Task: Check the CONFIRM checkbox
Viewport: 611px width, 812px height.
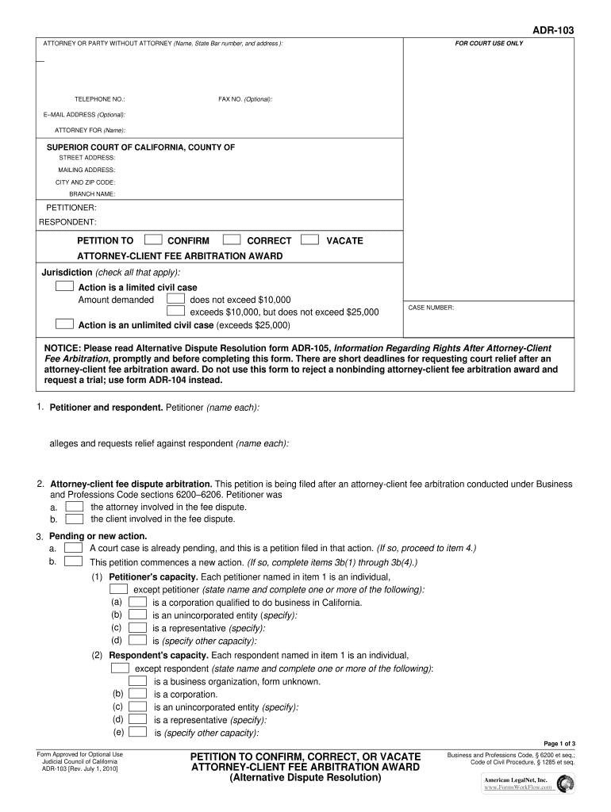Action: (154, 239)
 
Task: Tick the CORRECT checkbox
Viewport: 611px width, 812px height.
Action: (232, 239)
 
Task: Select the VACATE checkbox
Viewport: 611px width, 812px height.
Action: (311, 239)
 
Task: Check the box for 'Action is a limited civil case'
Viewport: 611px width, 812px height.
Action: (65, 286)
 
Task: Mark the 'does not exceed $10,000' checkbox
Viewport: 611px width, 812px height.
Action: (175, 299)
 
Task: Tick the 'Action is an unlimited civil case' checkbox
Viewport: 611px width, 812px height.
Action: (65, 324)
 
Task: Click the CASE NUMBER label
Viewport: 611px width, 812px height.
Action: (431, 308)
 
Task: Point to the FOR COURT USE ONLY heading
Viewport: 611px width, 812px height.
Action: (488, 43)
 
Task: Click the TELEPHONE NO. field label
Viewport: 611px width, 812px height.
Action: (99, 99)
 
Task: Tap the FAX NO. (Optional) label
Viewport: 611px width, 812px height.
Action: (245, 99)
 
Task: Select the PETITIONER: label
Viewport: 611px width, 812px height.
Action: (71, 207)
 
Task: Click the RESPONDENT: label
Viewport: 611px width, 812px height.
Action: (68, 221)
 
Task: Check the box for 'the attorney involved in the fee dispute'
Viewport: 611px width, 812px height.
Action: (74, 506)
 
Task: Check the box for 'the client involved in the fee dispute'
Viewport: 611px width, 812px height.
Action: (74, 519)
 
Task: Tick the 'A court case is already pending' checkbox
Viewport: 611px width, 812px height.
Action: (74, 548)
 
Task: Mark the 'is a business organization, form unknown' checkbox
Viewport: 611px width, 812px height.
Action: (137, 680)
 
